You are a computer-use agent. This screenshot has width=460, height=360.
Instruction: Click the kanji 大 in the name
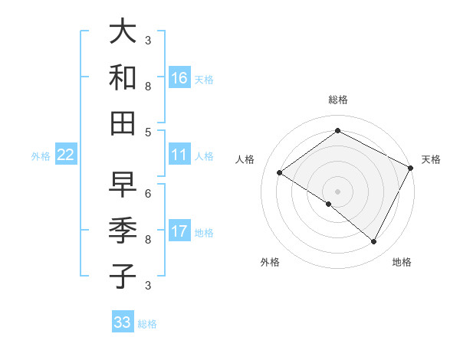coord(123,32)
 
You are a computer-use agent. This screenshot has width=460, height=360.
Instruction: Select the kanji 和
coord(123,77)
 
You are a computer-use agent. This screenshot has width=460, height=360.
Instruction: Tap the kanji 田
coord(123,123)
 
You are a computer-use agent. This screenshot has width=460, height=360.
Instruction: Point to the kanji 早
coord(123,185)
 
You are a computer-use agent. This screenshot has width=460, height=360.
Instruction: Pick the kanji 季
coord(123,231)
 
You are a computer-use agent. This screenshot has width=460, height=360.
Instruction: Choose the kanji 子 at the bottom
coord(123,276)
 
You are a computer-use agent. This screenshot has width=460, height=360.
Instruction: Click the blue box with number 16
coord(179,78)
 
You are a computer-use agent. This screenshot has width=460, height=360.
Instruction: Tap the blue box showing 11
coord(179,155)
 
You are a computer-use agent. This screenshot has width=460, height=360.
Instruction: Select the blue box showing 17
coord(179,232)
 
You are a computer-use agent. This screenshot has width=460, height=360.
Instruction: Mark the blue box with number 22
coord(66,155)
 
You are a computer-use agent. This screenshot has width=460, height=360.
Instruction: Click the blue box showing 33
coord(123,322)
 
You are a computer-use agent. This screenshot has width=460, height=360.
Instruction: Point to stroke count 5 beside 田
coord(148,132)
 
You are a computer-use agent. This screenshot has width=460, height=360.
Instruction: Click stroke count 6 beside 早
coord(148,193)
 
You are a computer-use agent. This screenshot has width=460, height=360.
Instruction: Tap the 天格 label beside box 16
coord(204,79)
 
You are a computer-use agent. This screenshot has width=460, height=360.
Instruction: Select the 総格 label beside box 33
coord(147,323)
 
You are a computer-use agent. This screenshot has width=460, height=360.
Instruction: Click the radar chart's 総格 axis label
coord(338,100)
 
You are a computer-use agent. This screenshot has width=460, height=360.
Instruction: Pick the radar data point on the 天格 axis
coord(411,167)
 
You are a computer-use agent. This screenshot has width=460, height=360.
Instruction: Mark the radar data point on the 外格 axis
coord(329,204)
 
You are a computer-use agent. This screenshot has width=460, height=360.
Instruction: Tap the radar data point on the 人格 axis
coord(280,172)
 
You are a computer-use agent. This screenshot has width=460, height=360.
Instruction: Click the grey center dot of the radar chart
coord(338,191)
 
